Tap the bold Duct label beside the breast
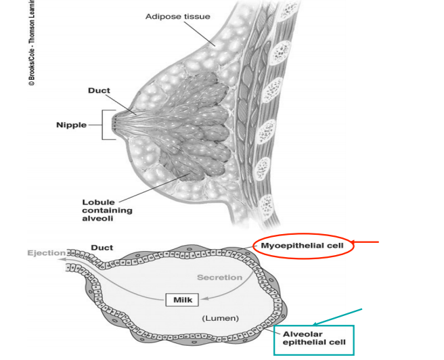99,90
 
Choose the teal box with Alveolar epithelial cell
313,338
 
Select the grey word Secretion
219,277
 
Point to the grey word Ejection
45,253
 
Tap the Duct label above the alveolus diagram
102,248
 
